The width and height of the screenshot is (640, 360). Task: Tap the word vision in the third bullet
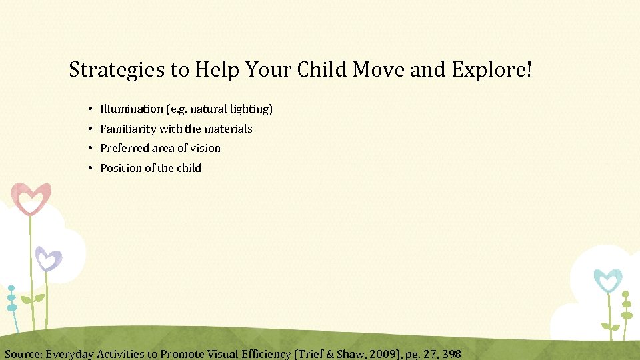[205, 148]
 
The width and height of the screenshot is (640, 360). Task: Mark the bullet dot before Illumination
[89, 109]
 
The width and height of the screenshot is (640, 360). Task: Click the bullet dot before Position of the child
[89, 168]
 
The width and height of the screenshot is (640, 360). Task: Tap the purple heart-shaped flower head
[48, 258]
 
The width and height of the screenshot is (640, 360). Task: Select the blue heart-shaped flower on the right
[607, 279]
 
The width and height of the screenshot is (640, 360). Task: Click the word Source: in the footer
[24, 354]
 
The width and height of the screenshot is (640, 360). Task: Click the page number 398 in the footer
[451, 354]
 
